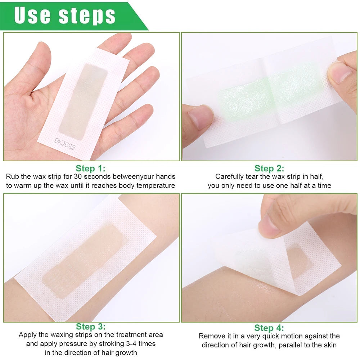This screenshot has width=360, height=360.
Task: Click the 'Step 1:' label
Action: click(x=91, y=168)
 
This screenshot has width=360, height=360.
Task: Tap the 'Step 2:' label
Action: click(x=269, y=168)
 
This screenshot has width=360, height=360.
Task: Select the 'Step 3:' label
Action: click(x=91, y=327)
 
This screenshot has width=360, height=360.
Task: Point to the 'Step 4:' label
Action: click(x=269, y=328)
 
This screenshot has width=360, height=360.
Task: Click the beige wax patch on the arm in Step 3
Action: click(x=85, y=259)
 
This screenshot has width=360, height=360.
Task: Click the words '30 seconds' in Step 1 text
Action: click(x=93, y=177)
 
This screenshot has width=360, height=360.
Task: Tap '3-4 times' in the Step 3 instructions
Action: click(x=141, y=344)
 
